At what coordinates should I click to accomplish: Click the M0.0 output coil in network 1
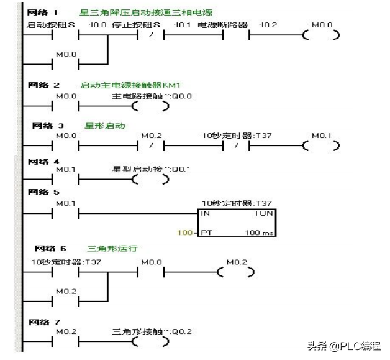coord(320,35)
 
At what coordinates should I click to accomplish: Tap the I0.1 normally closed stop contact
coord(150,35)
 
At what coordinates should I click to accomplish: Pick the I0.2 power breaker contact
coord(236,35)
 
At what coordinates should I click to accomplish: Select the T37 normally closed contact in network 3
coord(236,146)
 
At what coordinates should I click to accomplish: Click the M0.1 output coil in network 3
coord(320,146)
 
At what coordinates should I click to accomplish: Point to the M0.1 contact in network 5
coord(67,213)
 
